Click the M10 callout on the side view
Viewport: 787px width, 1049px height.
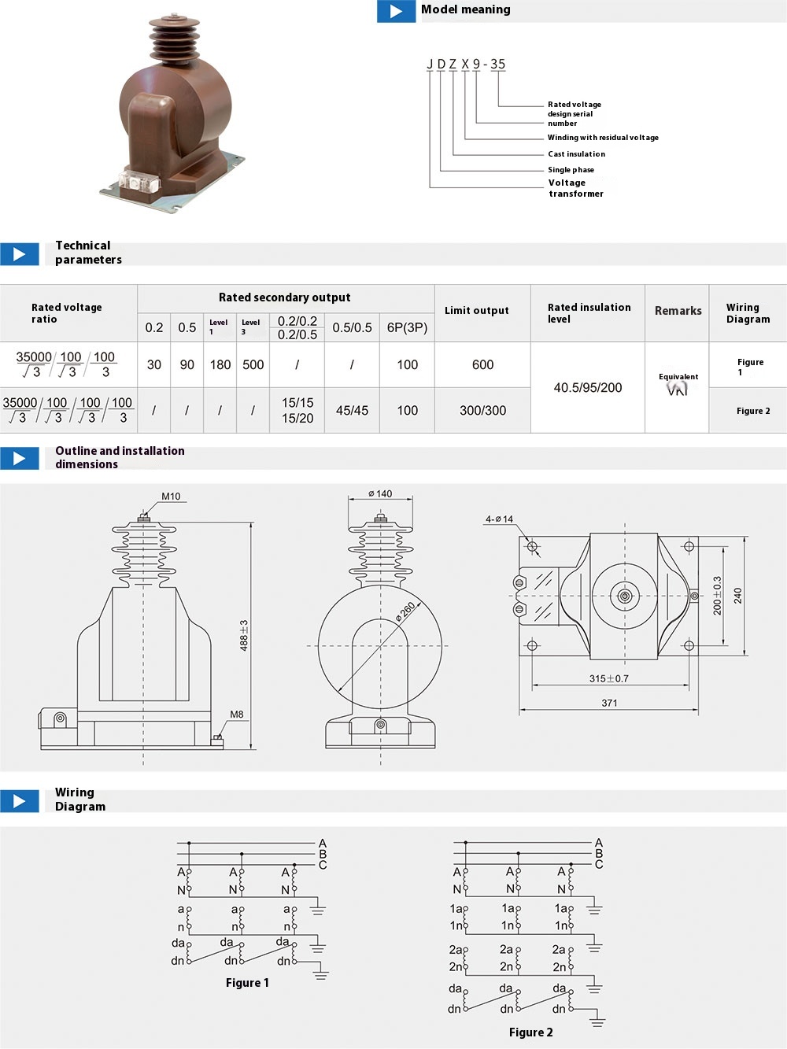coord(171,497)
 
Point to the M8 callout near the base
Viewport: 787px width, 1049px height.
coord(236,715)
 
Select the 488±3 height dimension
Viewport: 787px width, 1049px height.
coord(244,634)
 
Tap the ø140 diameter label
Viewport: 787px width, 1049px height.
coord(380,494)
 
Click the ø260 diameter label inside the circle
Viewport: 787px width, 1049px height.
coord(405,613)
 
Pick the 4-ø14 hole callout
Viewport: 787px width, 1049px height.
coord(499,519)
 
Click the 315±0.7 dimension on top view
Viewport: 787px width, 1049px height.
coord(609,678)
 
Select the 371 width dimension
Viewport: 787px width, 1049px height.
coord(609,703)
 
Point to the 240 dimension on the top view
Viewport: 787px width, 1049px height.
coord(737,596)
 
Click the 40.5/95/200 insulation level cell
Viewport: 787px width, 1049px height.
coord(587,387)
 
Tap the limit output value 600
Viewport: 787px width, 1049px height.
coord(482,364)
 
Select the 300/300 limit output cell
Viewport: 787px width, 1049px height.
coord(482,410)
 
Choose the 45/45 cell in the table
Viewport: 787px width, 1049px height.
coord(352,410)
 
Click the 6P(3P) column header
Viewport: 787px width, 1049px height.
coord(407,327)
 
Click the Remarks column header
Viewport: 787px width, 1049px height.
coord(678,311)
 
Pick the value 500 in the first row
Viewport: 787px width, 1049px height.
coord(253,364)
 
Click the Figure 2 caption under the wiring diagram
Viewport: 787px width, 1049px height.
coord(530,1032)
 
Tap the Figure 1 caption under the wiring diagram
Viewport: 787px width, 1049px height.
coord(247,983)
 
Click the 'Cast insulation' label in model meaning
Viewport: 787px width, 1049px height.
coord(576,154)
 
